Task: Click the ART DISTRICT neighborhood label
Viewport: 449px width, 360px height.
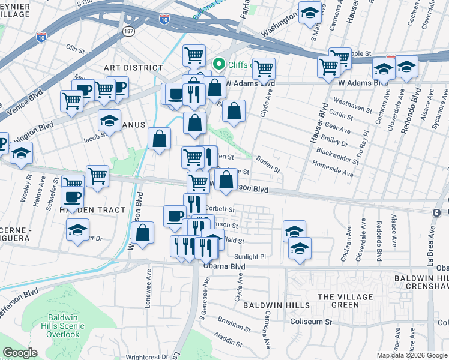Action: coord(133,68)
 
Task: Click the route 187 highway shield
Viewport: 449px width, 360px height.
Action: coord(128,29)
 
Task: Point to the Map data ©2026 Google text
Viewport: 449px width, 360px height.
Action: coord(412,355)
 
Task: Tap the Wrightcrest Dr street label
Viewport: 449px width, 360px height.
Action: coord(148,356)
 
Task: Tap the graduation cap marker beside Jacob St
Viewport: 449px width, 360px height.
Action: coord(109,122)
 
